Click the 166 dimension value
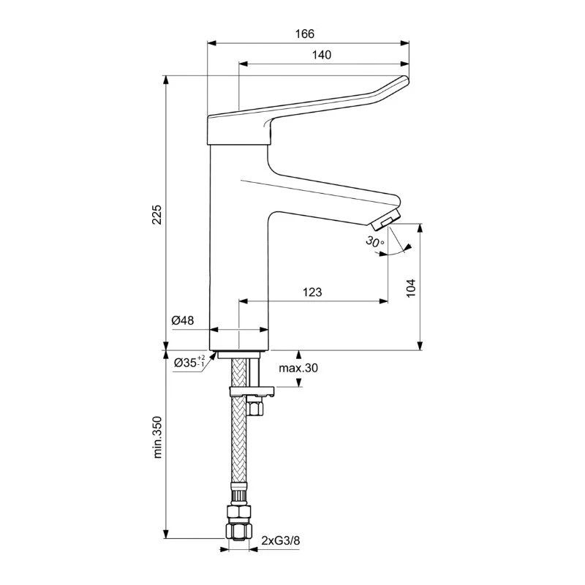pos(305,34)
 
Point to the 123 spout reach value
pos(312,292)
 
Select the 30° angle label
pos(374,241)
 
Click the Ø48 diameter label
pos(182,320)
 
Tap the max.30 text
pos(298,368)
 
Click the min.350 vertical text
pos(156,438)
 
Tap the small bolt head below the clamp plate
pos(256,406)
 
